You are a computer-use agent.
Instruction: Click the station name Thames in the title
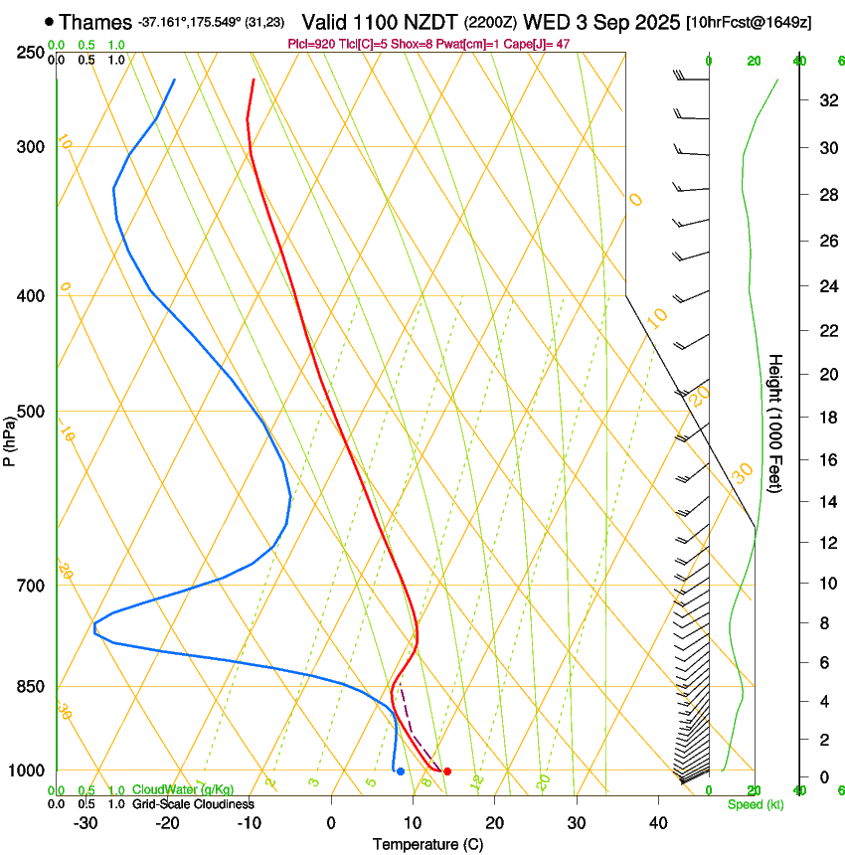pyautogui.click(x=95, y=21)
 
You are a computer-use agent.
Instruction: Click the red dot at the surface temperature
pyautogui.click(x=447, y=771)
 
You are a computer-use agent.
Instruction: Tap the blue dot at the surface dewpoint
pyautogui.click(x=400, y=771)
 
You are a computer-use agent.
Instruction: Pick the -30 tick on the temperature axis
pyautogui.click(x=85, y=823)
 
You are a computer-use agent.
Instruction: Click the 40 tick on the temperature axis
pyautogui.click(x=657, y=823)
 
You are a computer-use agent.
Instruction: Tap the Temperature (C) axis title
pyautogui.click(x=427, y=845)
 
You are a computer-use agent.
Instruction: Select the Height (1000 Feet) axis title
pyautogui.click(x=776, y=423)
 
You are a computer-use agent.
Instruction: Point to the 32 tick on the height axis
pyautogui.click(x=826, y=100)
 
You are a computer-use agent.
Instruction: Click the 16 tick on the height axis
pyautogui.click(x=826, y=460)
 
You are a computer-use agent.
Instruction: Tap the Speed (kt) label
pyautogui.click(x=749, y=804)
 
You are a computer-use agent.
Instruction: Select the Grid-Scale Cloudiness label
pyautogui.click(x=193, y=804)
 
